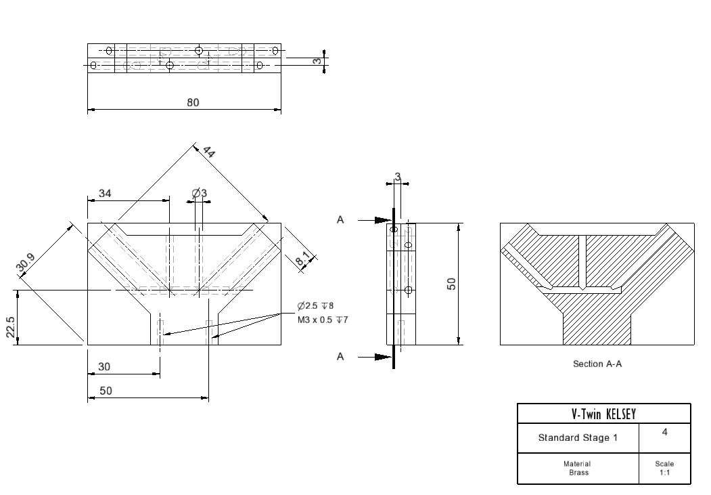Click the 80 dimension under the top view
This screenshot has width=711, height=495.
coord(193,102)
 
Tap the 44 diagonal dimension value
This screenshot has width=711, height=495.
coord(208,152)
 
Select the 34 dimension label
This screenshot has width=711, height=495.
coord(105,193)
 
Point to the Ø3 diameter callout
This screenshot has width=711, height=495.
coord(199,193)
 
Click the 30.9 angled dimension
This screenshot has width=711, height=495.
coord(26,263)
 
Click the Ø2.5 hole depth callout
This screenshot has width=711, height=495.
coord(316,306)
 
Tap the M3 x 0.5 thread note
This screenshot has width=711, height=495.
coord(323,320)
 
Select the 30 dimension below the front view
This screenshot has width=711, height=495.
coord(104,366)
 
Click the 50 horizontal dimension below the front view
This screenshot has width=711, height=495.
coord(106,391)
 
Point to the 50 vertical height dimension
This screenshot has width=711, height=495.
coord(451,284)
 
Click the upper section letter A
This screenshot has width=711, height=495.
coord(340,220)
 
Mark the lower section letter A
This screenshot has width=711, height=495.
coord(340,357)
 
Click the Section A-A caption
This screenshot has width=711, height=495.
coord(597,364)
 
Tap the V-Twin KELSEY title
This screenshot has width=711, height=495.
coord(603,414)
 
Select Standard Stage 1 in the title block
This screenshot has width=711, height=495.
coord(578,438)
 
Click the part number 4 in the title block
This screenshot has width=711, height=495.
coord(664,432)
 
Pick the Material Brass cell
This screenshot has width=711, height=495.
coord(577,468)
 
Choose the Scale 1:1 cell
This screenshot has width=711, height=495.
coord(664,468)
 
